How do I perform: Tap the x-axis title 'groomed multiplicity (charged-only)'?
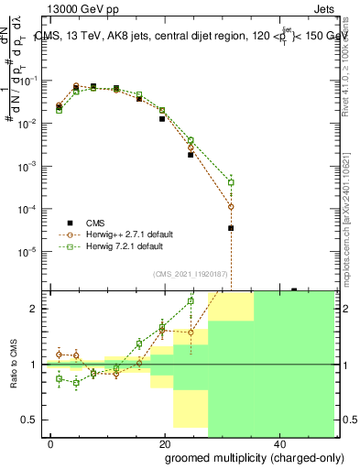click(243, 456)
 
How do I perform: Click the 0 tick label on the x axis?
click(51, 444)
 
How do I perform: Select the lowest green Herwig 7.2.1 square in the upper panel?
click(231, 182)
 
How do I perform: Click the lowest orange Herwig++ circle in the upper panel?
click(231, 207)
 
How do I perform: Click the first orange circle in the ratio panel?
click(60, 354)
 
